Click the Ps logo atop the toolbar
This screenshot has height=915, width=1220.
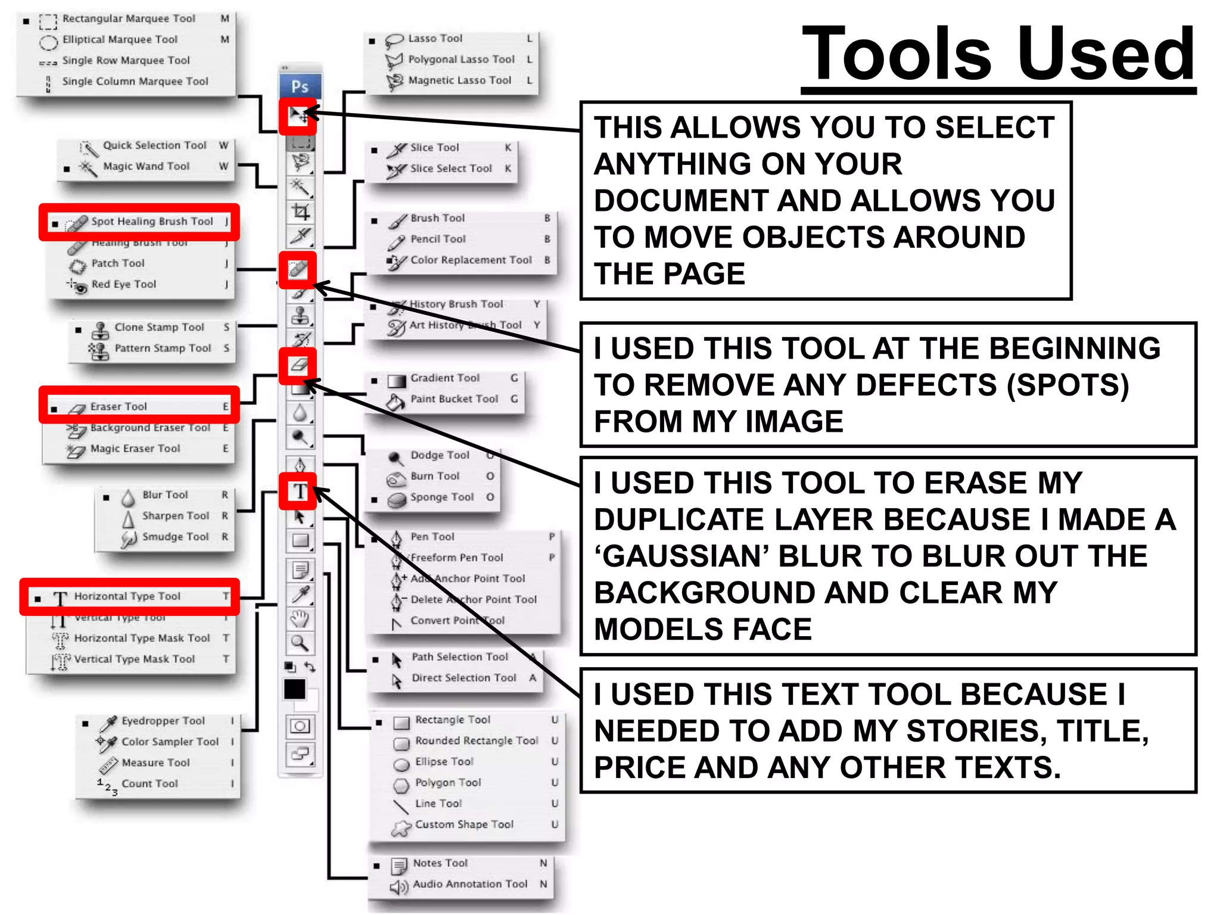pyautogui.click(x=300, y=87)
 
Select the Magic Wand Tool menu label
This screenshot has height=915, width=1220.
pyautogui.click(x=146, y=167)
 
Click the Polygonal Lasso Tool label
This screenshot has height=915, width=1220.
pyautogui.click(x=461, y=60)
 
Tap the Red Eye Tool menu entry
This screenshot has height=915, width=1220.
pyautogui.click(x=123, y=285)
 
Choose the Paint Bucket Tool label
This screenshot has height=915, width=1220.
pyautogui.click(x=454, y=399)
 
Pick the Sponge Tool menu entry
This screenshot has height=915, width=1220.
pyautogui.click(x=441, y=497)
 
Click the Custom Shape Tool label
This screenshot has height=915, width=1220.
pyautogui.click(x=463, y=824)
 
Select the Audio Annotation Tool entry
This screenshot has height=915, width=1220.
pyautogui.click(x=469, y=884)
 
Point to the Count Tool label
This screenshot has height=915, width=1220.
pyautogui.click(x=150, y=784)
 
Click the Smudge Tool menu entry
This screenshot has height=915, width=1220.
pyautogui.click(x=175, y=537)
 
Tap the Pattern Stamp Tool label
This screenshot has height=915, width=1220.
pyautogui.click(x=163, y=348)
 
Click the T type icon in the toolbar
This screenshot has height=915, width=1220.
pyautogui.click(x=299, y=491)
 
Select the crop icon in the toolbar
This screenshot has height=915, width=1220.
pyautogui.click(x=300, y=211)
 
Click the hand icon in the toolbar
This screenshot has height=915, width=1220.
pyautogui.click(x=300, y=619)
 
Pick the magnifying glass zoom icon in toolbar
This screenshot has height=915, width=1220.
pyautogui.click(x=300, y=643)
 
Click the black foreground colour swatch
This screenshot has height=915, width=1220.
pyautogui.click(x=295, y=689)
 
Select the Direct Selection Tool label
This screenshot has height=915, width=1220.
pyautogui.click(x=463, y=678)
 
